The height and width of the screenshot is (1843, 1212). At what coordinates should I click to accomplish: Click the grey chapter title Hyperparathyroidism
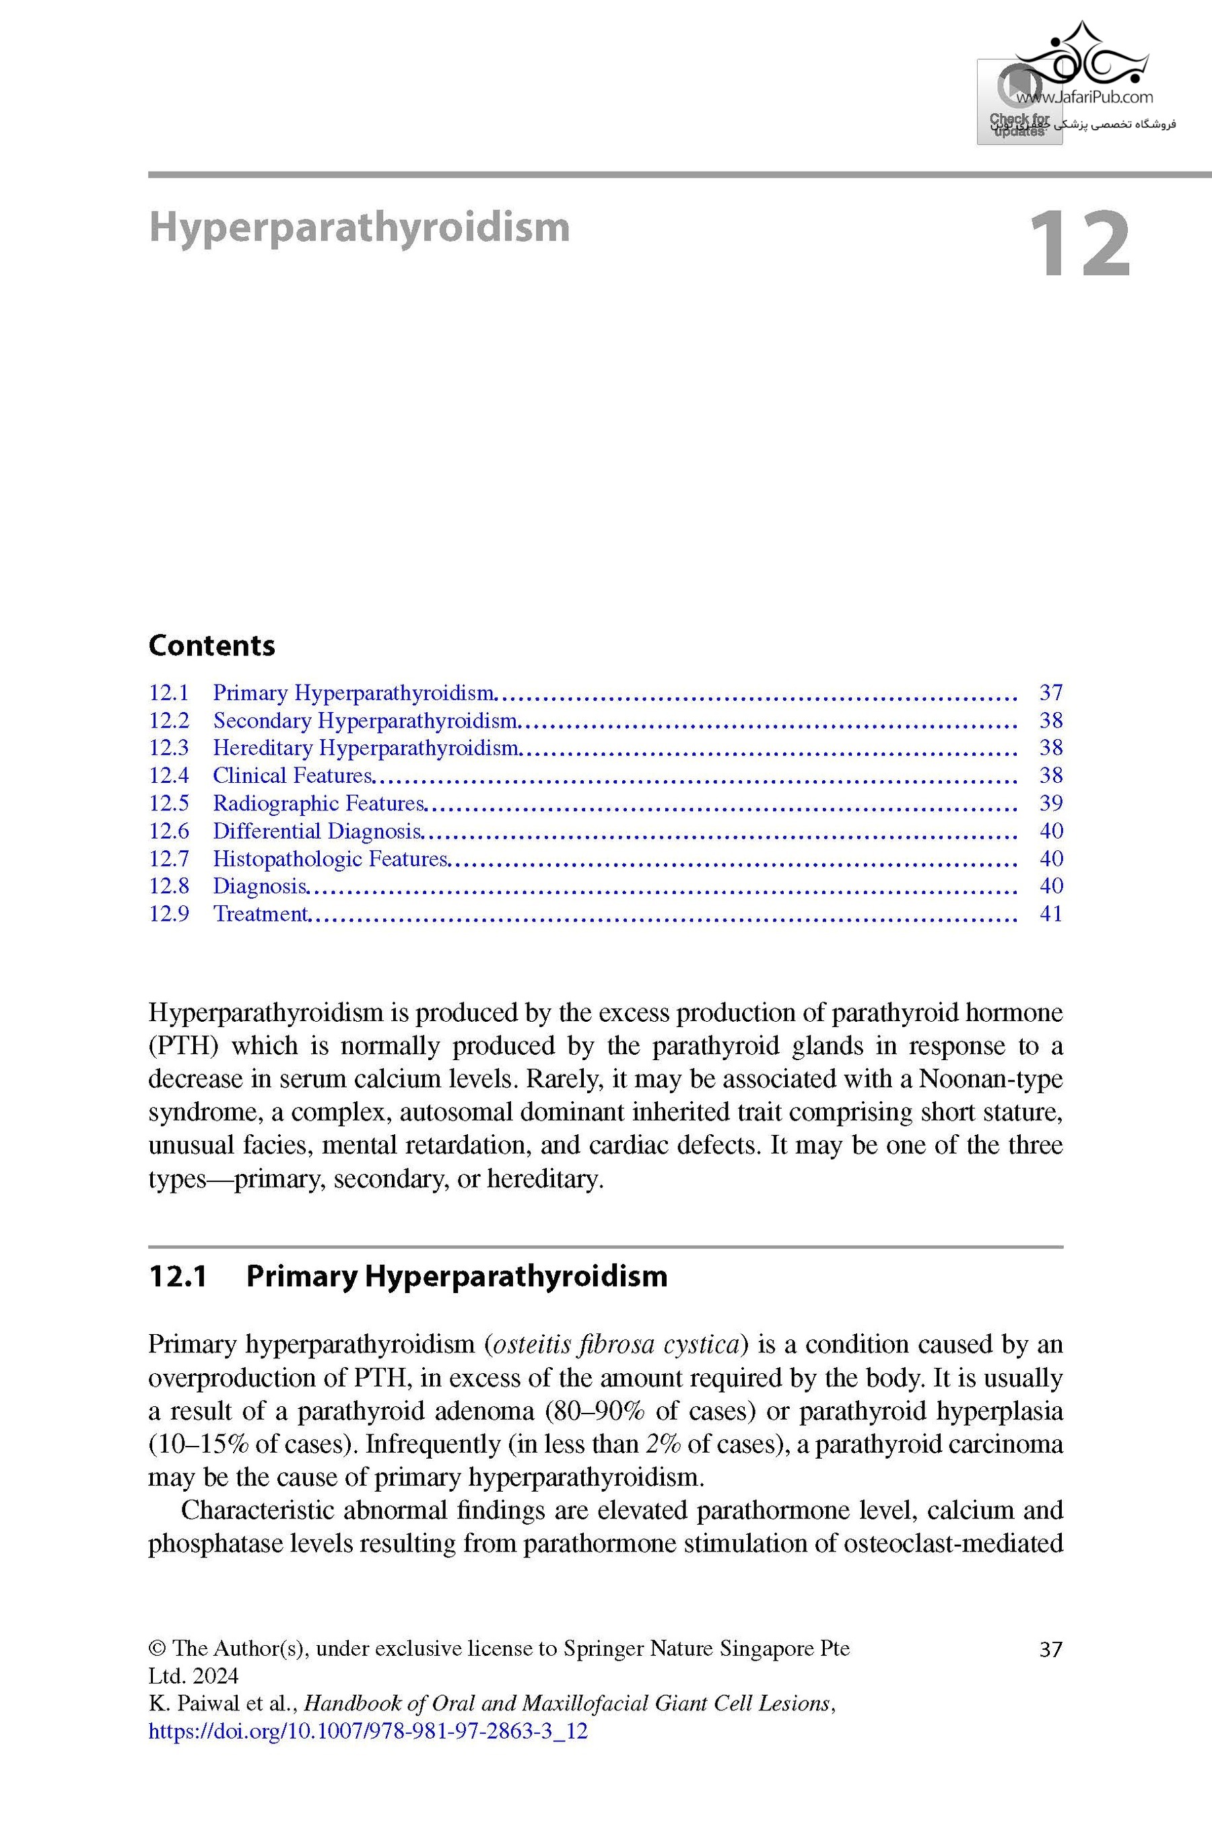pyautogui.click(x=359, y=228)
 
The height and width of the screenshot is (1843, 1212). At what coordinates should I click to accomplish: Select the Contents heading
pyautogui.click(x=211, y=645)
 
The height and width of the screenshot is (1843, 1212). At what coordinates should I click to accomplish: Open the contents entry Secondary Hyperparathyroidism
pyautogui.click(x=365, y=720)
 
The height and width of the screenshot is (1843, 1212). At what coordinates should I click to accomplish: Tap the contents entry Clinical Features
pyautogui.click(x=293, y=775)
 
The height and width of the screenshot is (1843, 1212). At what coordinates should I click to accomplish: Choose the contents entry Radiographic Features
pyautogui.click(x=318, y=803)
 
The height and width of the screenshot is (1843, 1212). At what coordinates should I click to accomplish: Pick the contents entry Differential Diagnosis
pyautogui.click(x=316, y=831)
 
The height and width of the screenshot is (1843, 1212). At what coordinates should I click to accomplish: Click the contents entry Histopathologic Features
pyautogui.click(x=330, y=858)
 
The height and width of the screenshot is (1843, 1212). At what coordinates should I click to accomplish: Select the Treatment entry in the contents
pyautogui.click(x=260, y=913)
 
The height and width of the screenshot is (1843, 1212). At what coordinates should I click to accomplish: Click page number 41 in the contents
pyautogui.click(x=1050, y=913)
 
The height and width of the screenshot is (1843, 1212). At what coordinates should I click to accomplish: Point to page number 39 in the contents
pyautogui.click(x=1050, y=803)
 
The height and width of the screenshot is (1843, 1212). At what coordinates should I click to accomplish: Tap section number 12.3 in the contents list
pyautogui.click(x=169, y=748)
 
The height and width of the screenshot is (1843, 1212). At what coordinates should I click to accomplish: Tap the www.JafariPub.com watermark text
pyautogui.click(x=1084, y=98)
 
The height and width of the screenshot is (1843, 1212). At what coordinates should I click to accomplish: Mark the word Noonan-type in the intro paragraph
pyautogui.click(x=990, y=1079)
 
